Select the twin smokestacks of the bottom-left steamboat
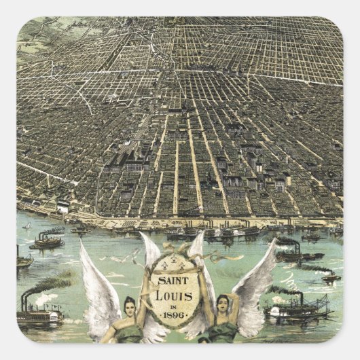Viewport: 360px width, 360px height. (24, 302)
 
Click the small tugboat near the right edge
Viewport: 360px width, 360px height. (330, 276)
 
